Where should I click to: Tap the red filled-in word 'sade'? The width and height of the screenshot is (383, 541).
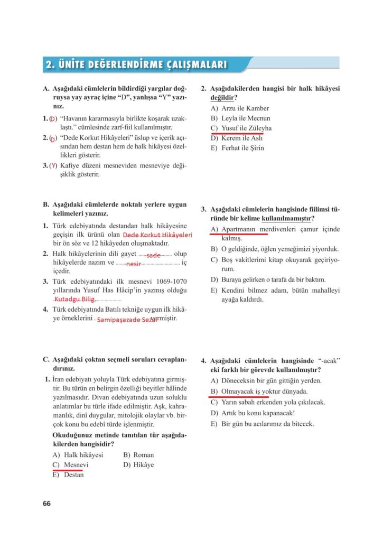point(153,255)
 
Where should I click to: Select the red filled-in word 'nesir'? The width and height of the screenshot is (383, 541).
point(134,263)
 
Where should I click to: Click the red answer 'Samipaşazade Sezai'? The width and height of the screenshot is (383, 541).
point(127,320)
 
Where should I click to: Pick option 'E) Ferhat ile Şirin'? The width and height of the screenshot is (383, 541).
point(237,148)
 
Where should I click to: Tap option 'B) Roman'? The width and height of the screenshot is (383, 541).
point(138,455)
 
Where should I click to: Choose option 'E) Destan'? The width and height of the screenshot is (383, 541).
point(68,474)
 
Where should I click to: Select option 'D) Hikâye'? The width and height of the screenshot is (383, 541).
point(138,465)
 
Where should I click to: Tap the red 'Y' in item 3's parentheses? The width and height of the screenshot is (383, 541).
point(53,166)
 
